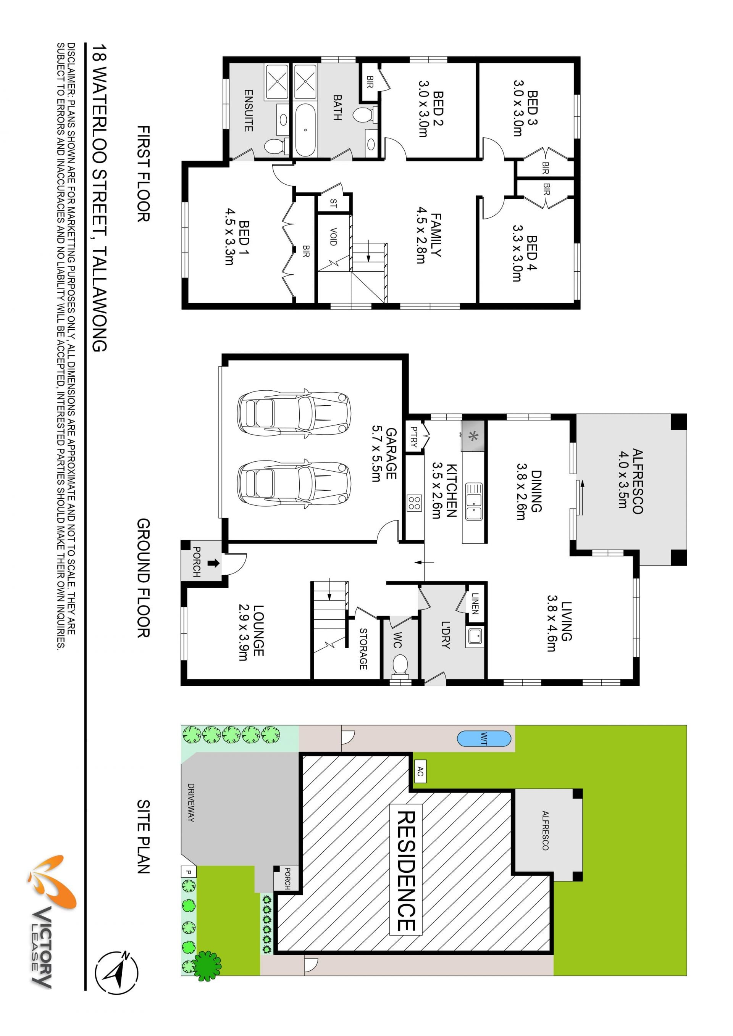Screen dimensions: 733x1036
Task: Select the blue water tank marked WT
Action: [484, 739]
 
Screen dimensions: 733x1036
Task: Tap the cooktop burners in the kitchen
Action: [414, 503]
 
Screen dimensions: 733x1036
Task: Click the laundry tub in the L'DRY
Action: [475, 636]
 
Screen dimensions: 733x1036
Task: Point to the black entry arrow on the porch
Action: [213, 563]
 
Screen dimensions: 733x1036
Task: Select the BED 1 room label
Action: [237, 242]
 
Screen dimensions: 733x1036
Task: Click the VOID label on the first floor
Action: [333, 237]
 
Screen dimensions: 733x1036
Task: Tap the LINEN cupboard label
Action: [475, 603]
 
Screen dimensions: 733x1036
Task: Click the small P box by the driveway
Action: [188, 871]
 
